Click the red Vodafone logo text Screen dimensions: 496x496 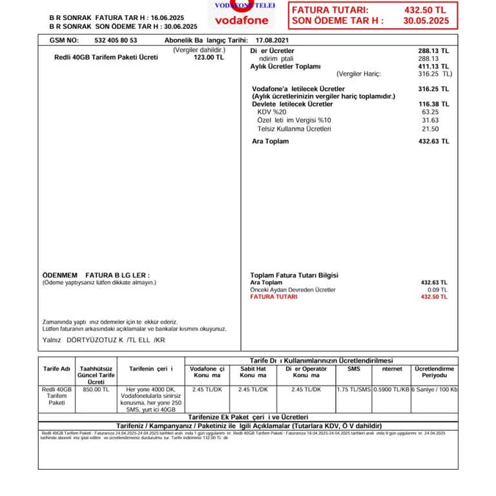[x=242, y=20]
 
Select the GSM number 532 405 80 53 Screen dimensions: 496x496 [x=116, y=40]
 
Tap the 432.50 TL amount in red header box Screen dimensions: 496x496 [x=425, y=10]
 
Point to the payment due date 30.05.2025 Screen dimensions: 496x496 [x=426, y=21]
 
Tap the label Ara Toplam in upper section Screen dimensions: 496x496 [x=270, y=141]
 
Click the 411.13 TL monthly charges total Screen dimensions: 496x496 [x=433, y=67]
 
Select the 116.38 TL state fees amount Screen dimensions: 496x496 [x=433, y=104]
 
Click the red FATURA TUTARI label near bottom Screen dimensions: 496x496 [x=274, y=297]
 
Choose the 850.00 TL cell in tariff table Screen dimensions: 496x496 [x=96, y=389]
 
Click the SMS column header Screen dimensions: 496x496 [x=354, y=369]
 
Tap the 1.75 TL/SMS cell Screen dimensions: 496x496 [x=354, y=389]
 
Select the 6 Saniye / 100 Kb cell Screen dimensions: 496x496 [x=434, y=389]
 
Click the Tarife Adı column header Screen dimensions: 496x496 [x=57, y=369]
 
